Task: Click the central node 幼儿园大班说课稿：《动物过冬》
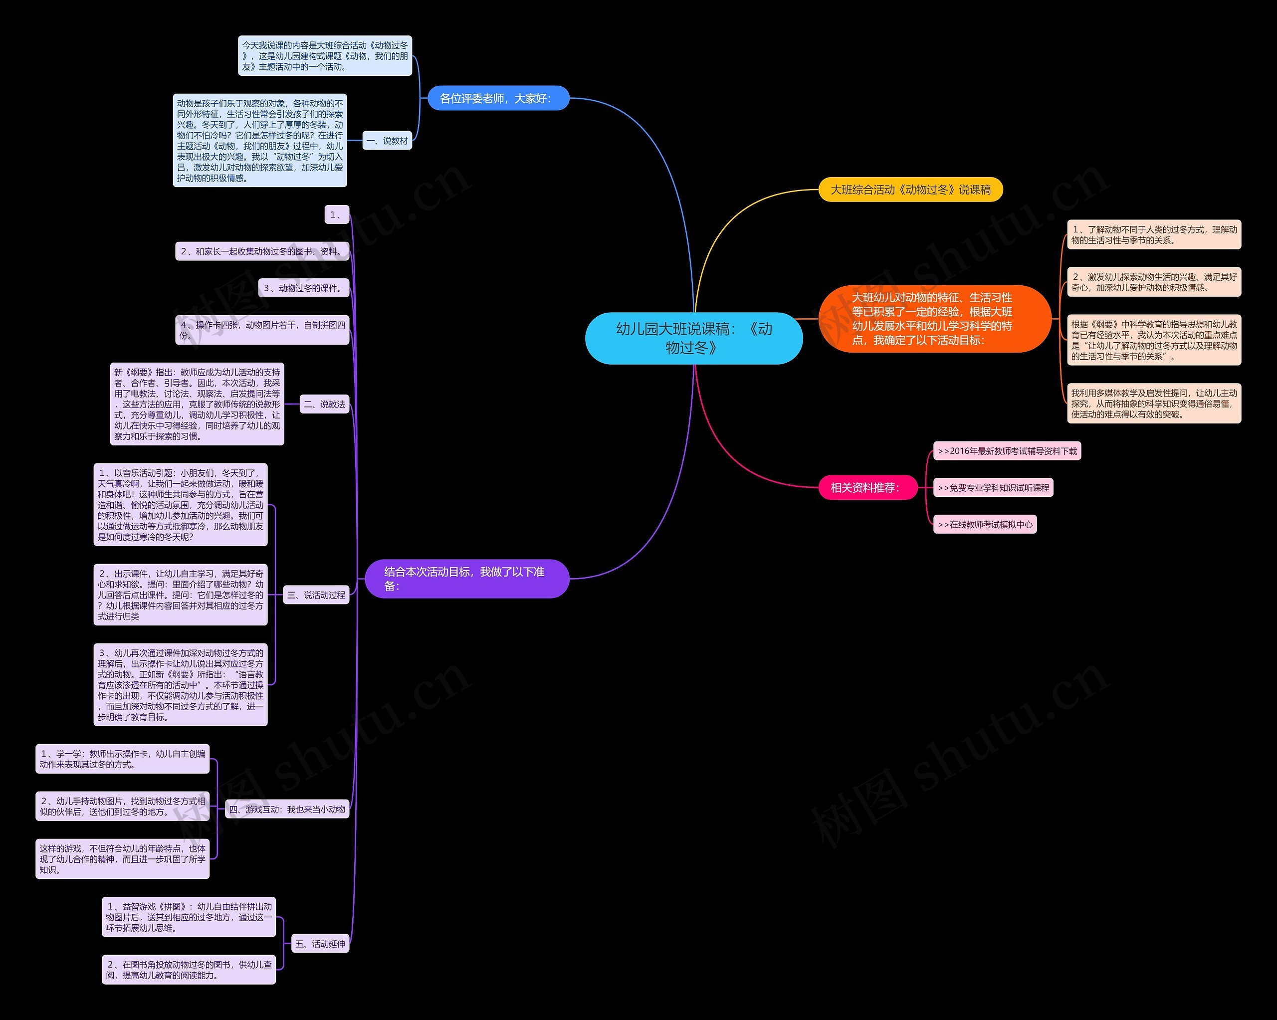pos(693,338)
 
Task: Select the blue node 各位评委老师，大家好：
pos(497,98)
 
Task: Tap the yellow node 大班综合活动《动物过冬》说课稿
pos(910,190)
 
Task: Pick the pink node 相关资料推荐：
pos(865,487)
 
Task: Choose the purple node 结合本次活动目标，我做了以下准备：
pos(467,579)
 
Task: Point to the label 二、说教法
pos(324,405)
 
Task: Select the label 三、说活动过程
pos(316,595)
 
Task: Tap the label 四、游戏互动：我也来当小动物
pos(287,809)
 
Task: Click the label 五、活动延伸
pos(320,944)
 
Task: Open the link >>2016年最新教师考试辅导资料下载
pos(1007,451)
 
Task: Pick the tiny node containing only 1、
pos(336,214)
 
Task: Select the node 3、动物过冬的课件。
pos(303,288)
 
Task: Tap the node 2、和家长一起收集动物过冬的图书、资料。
pos(262,252)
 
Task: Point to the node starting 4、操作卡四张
pos(262,330)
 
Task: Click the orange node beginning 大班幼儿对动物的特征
pos(934,319)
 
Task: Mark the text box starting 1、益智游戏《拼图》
pos(189,917)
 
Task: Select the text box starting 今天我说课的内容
pos(325,56)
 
